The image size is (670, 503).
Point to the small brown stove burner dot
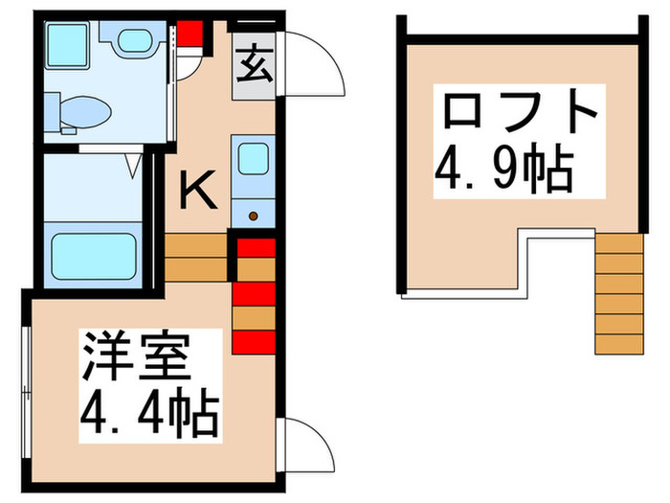[253, 216]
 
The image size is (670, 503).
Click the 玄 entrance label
[253, 68]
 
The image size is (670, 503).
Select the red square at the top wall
[191, 34]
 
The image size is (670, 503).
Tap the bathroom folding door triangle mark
[134, 164]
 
